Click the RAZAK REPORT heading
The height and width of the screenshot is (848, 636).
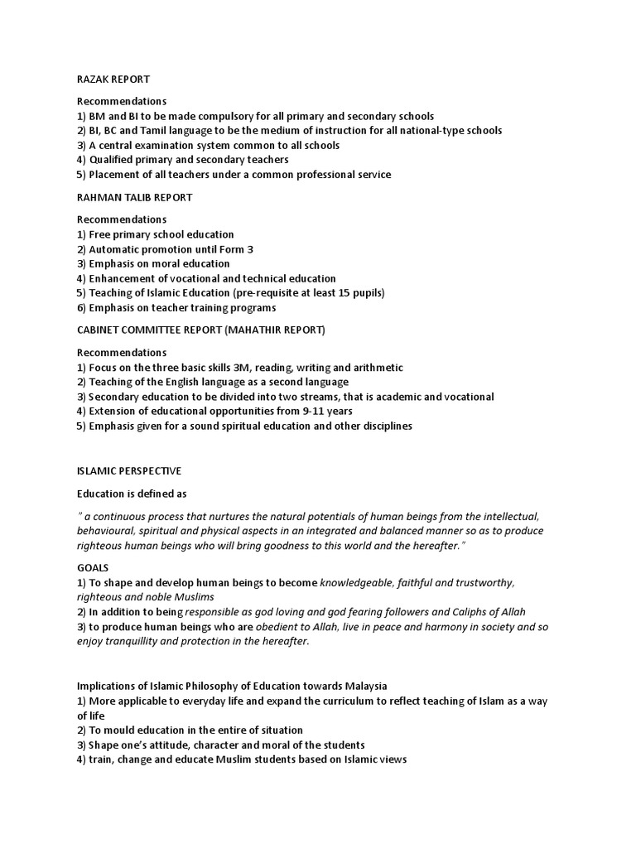pyautogui.click(x=113, y=79)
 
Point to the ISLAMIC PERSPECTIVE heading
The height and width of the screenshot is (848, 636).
pyautogui.click(x=129, y=470)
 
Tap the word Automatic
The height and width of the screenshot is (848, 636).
pyautogui.click(x=117, y=249)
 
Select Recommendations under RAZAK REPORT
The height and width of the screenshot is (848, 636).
pyautogui.click(x=122, y=102)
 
